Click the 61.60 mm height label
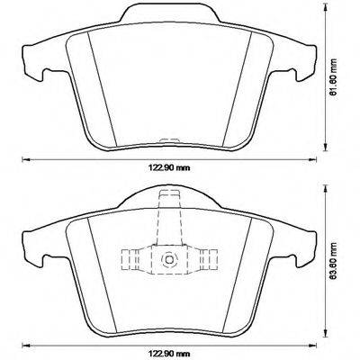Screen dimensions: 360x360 [336, 78]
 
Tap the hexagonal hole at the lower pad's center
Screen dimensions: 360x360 [167, 260]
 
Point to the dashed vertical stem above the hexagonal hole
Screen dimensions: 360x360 [167, 220]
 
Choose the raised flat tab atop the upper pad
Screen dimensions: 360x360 [167, 10]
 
